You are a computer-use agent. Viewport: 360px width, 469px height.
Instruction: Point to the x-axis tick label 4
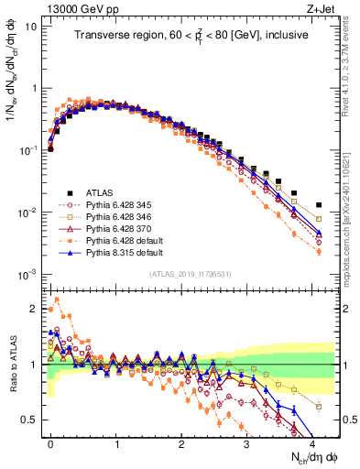tap(311, 442)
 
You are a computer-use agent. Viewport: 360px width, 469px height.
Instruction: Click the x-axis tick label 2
tap(181, 442)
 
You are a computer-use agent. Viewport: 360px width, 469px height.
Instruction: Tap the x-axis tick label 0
tap(50, 442)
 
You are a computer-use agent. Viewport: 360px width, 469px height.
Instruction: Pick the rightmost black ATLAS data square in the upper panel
tap(319, 205)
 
